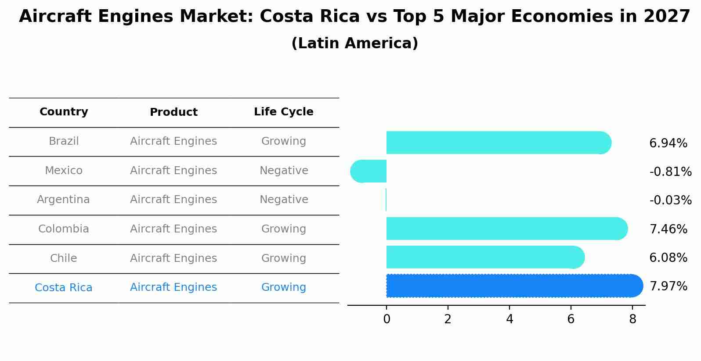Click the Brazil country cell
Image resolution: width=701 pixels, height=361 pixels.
tap(64, 141)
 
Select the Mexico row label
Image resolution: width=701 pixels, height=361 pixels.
tap(64, 171)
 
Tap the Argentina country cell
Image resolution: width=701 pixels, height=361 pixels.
tap(63, 200)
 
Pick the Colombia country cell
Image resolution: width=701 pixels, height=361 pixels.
tap(64, 229)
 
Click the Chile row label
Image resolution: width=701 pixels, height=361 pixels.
tap(64, 258)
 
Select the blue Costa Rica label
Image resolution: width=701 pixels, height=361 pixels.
tap(64, 288)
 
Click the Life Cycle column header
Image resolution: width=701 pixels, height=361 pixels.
tap(284, 112)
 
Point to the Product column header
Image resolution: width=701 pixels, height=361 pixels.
tap(173, 112)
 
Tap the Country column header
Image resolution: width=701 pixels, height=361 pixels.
tap(64, 112)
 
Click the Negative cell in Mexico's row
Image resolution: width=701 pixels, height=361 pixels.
tap(284, 171)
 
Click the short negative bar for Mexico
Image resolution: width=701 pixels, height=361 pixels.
tap(369, 171)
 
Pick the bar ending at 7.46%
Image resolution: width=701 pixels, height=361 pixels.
tap(505, 229)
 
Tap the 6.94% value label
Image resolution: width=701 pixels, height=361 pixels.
tap(668, 143)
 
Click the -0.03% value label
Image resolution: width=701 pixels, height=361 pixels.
tap(670, 200)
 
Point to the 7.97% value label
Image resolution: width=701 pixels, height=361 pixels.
tap(668, 286)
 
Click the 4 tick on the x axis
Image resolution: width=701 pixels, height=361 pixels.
tap(509, 319)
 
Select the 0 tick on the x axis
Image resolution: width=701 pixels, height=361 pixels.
tap(387, 319)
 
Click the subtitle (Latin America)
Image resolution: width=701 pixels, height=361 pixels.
tap(354, 43)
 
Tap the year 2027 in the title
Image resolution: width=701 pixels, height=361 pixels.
tap(667, 17)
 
